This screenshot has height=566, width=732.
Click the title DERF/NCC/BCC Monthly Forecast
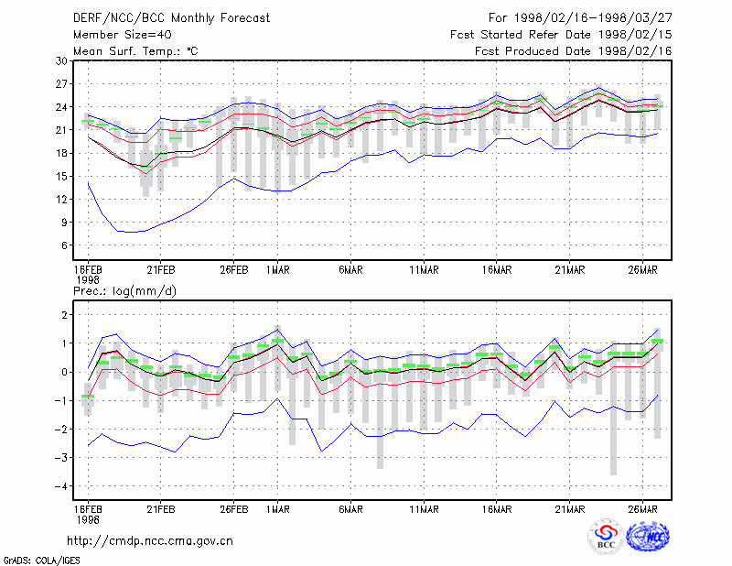pos(171,18)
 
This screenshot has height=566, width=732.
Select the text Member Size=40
pos(123,35)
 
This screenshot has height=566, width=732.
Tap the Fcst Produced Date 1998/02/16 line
pos(574,51)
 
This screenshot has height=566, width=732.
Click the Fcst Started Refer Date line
pos(561,35)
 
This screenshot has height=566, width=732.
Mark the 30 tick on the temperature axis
pos(61,61)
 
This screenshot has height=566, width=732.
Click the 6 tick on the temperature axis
pos(64,245)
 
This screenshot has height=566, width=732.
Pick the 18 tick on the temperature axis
pos(61,153)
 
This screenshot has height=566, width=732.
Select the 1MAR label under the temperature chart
pos(278,270)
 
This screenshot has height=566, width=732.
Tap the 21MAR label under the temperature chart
pos(569,270)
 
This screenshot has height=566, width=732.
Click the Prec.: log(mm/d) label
pos(124,291)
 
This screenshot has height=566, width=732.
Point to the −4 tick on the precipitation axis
pos(60,486)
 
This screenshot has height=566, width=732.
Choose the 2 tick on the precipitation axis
pos(64,315)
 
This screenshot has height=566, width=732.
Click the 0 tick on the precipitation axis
pos(64,373)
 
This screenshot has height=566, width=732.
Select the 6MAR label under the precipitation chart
pos(350,509)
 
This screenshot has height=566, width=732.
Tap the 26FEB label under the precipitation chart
pos(234,509)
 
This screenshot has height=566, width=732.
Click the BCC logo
pos(606,537)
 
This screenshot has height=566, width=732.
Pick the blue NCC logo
pos(648,537)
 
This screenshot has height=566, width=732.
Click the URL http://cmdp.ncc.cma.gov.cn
pos(150,541)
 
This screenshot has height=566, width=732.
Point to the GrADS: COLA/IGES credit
pos(41,561)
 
